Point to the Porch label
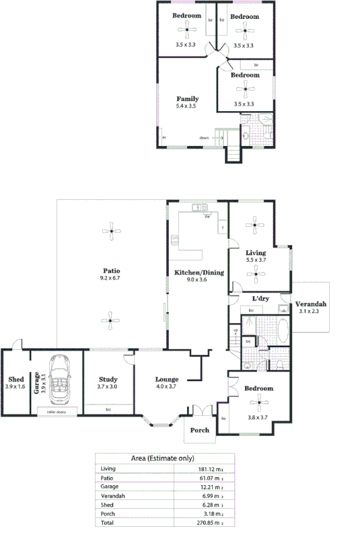point(199,430)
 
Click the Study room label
point(108,379)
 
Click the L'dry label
point(260,298)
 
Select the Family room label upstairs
point(188,99)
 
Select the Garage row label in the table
point(108,487)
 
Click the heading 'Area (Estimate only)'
point(161,458)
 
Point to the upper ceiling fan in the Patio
point(112,232)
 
